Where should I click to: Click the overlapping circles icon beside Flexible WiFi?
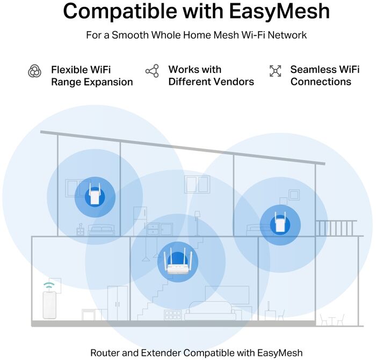(34, 71)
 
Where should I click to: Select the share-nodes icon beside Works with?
(152, 71)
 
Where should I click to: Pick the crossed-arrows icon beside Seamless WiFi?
(275, 71)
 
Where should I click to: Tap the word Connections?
(321, 82)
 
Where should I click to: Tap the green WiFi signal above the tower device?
(49, 285)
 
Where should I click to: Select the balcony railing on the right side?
(336, 227)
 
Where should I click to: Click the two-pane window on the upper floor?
(197, 184)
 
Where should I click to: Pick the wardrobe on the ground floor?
(118, 303)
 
